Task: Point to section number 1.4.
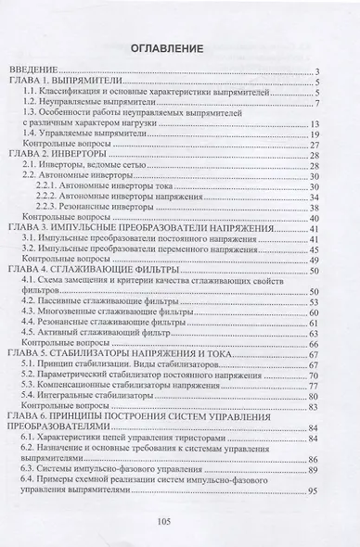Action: point(30,134)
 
